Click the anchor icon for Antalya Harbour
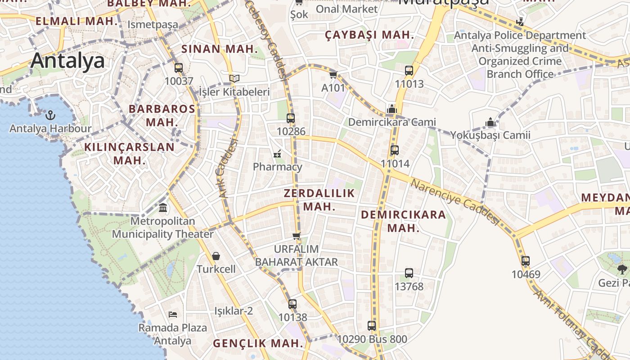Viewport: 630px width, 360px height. coord(50,115)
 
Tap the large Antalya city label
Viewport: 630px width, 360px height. coord(67,61)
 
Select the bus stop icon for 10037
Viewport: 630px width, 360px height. coord(179,68)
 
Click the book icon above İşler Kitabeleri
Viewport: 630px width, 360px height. coord(234,78)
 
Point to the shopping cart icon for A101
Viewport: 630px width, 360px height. coord(333,74)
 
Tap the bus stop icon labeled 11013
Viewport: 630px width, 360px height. coord(409,70)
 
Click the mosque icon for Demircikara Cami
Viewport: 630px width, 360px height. coord(391,109)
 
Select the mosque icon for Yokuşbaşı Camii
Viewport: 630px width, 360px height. coord(490,122)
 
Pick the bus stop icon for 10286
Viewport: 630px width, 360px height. coord(291,118)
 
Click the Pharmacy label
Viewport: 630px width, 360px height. coord(277,167)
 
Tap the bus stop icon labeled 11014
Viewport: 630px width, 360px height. coord(395,150)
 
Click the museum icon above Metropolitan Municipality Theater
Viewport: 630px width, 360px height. coord(163,208)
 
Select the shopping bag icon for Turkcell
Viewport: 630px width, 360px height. coord(216,256)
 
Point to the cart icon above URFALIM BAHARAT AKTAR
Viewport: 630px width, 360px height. coord(296,236)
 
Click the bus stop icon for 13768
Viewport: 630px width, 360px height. coord(409,273)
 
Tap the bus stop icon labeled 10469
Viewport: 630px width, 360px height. coord(525,261)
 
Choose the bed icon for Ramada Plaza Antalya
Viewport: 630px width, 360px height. coord(172,314)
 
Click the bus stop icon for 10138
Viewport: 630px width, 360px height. coord(292,304)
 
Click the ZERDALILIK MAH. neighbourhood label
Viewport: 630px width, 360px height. coord(319,200)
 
